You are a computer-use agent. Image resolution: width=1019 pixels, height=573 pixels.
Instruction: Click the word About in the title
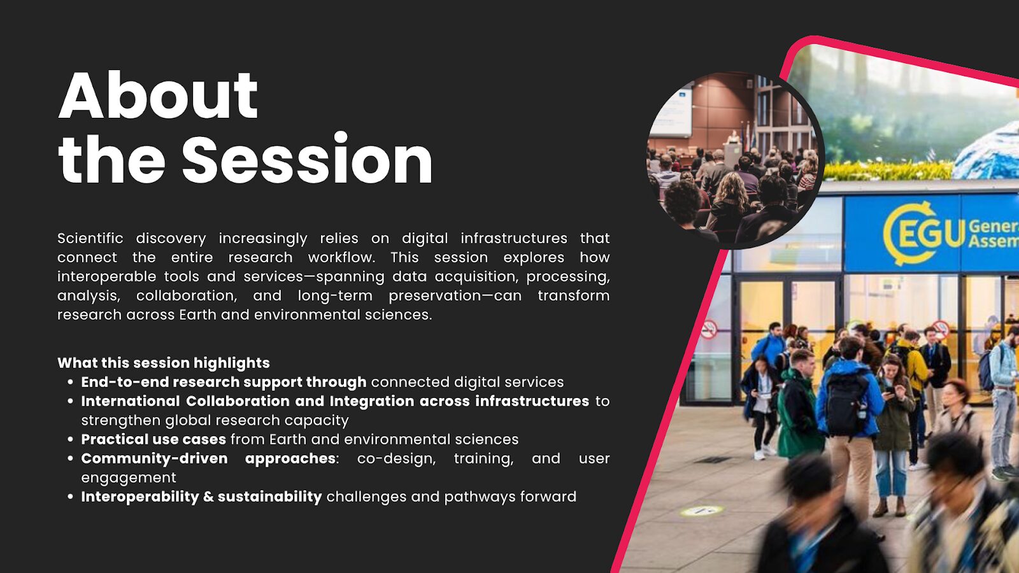pos(159,95)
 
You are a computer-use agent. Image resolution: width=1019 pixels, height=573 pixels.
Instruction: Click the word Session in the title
pos(307,159)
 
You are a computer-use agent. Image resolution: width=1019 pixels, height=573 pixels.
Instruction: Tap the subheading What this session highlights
pos(163,363)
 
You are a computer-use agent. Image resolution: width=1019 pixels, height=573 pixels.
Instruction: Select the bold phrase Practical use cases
pos(153,439)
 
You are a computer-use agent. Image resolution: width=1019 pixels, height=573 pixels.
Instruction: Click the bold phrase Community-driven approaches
pos(208,458)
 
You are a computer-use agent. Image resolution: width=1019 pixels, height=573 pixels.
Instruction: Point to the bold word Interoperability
pos(140,497)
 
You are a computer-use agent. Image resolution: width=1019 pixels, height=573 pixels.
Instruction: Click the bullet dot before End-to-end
pos(70,383)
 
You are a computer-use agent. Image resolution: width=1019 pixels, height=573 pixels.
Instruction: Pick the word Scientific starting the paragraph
pos(90,238)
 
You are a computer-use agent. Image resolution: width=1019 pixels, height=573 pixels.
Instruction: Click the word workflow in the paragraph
pos(341,257)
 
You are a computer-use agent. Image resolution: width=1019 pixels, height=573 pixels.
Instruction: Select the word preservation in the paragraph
pos(434,295)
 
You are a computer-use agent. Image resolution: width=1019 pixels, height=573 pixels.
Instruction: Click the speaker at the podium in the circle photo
pos(732,137)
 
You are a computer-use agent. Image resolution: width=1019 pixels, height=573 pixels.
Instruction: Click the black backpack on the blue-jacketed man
pos(846,404)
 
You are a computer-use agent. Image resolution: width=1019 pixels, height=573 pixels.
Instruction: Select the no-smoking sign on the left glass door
pos(709,329)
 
